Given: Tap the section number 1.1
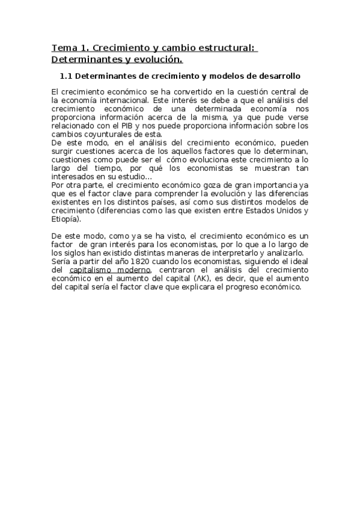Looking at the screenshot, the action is point(67,76).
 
